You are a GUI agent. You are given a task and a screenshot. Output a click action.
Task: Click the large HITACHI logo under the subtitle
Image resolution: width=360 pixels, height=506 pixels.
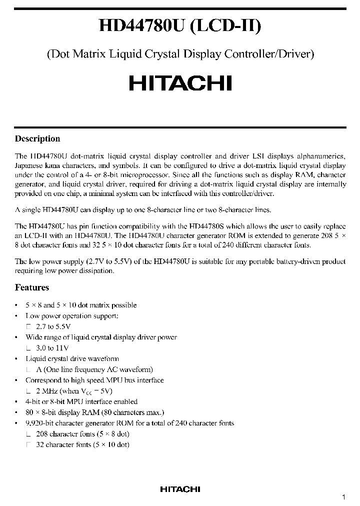click(x=180, y=82)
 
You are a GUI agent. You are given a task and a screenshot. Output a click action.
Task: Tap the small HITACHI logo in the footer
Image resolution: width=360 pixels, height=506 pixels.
click(x=180, y=489)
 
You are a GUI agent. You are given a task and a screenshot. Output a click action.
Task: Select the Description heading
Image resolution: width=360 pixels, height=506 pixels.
click(x=37, y=139)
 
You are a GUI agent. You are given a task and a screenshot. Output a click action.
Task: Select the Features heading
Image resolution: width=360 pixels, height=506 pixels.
click(x=32, y=287)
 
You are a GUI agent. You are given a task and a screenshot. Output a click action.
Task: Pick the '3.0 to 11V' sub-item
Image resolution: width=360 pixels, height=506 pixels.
click(x=52, y=348)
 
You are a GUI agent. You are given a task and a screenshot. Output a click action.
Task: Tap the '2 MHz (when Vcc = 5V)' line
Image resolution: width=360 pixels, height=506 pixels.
click(x=74, y=391)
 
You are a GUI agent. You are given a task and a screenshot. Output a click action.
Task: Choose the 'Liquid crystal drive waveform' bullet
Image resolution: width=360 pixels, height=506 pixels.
click(x=72, y=358)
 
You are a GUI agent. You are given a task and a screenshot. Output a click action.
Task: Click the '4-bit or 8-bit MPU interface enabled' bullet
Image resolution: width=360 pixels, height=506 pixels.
click(x=81, y=401)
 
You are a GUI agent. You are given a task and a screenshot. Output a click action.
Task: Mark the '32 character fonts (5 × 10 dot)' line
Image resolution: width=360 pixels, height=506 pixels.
click(x=82, y=444)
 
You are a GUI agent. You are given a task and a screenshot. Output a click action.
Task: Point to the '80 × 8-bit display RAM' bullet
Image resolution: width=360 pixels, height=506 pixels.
click(x=94, y=412)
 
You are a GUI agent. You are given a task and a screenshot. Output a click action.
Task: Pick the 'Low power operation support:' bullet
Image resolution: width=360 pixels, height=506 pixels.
click(x=72, y=316)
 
